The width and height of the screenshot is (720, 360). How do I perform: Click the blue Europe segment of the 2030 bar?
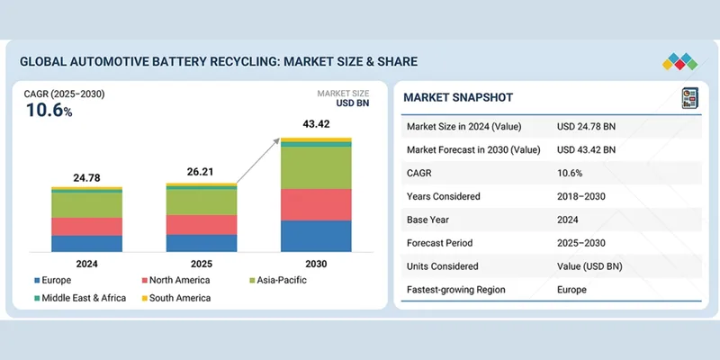[316, 236]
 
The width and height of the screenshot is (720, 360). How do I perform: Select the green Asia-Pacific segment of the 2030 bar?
[316, 167]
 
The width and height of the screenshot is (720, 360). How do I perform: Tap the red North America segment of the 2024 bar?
[86, 226]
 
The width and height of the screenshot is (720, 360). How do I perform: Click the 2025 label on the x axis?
[202, 265]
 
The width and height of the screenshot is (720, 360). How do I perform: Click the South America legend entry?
[180, 298]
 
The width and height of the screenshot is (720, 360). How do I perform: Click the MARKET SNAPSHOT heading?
[456, 97]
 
